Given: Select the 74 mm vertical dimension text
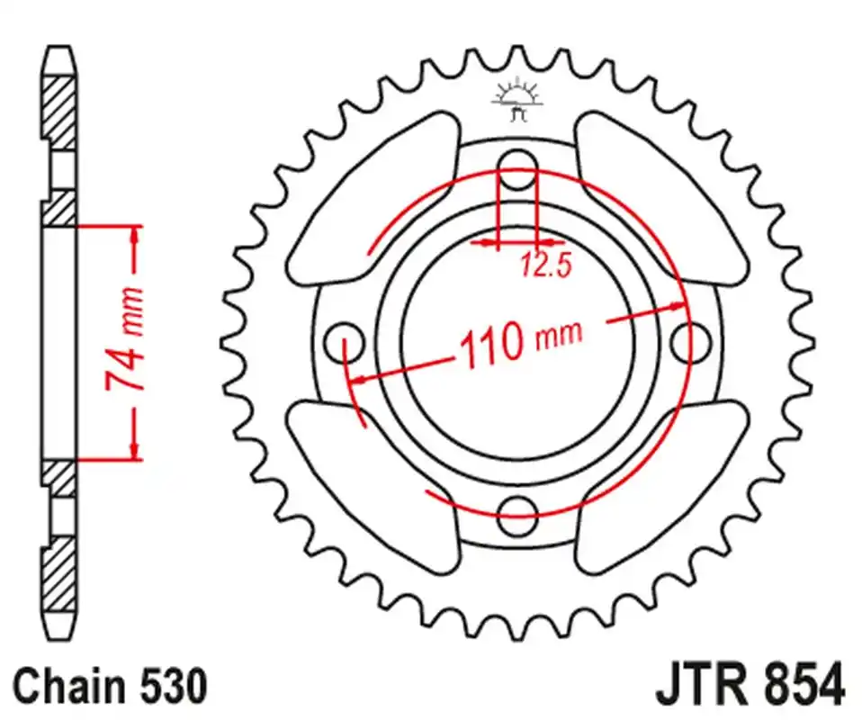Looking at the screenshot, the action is pos(124,339).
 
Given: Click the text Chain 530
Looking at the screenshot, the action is pos(111,687).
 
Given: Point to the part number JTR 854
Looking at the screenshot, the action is pos(751,685).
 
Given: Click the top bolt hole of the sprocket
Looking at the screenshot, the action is pos(517,169).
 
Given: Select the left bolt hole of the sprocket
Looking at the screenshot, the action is pos(344,343).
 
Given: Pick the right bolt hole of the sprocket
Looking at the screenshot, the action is pos(690,342).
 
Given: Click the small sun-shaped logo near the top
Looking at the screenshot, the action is pos(517,100).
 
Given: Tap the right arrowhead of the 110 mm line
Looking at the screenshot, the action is pos(676,306).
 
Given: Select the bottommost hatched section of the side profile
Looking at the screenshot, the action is pos(58,573).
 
